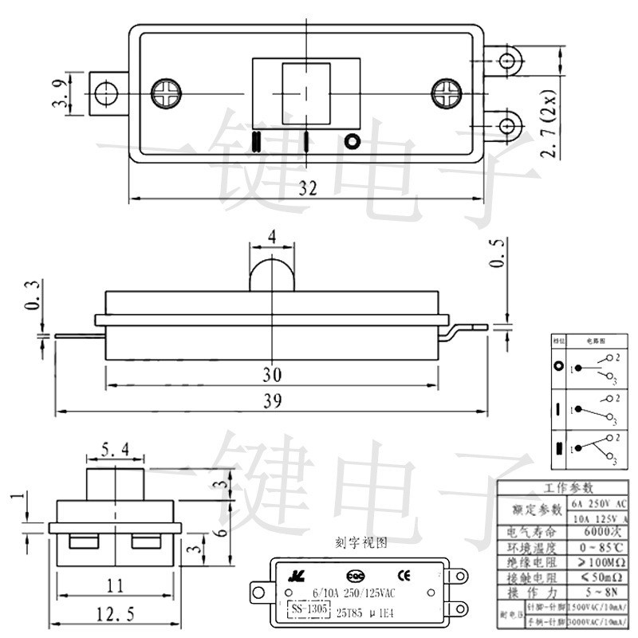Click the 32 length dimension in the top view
(x=308, y=187)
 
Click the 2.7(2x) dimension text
(x=549, y=130)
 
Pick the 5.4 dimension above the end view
(x=116, y=452)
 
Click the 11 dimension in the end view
(x=116, y=586)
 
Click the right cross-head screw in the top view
(x=446, y=93)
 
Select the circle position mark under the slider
(x=352, y=141)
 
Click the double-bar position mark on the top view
(x=256, y=141)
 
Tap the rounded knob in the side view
(x=272, y=274)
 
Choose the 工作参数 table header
(x=568, y=488)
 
